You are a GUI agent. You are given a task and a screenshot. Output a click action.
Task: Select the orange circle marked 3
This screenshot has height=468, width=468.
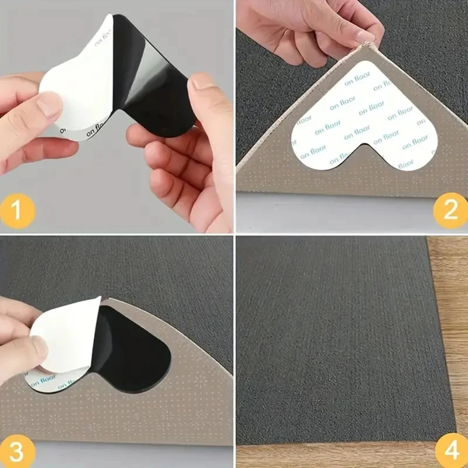[18, 451]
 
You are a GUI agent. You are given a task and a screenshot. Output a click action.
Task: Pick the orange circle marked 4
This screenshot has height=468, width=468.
[450, 451]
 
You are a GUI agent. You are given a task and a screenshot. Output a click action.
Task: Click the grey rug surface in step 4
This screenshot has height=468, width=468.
[333, 339]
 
